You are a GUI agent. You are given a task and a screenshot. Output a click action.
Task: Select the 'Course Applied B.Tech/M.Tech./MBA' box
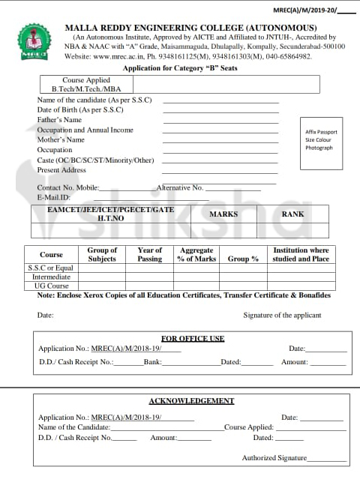[x=86, y=85]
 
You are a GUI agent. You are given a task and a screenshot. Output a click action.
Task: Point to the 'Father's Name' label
[x=59, y=120]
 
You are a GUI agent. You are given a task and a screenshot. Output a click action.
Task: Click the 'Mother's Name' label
[x=61, y=140]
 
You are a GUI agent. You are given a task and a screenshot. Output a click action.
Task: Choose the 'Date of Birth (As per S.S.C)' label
[x=80, y=110]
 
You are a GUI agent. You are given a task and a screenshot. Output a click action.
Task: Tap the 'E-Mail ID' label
[x=53, y=197]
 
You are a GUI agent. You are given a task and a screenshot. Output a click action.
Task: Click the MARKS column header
[x=223, y=214]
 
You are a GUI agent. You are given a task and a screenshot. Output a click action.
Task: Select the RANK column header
[x=292, y=214]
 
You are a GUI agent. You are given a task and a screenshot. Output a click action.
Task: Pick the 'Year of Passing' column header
[x=150, y=255]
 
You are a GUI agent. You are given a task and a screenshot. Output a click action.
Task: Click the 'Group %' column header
[x=243, y=259]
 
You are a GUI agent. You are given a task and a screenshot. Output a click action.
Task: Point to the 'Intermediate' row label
[x=51, y=277]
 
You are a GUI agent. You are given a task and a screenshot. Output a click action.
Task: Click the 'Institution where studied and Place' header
[x=301, y=255]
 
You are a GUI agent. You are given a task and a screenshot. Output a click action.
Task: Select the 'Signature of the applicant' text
[x=282, y=316]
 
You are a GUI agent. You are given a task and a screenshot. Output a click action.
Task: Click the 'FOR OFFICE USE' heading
[x=193, y=339]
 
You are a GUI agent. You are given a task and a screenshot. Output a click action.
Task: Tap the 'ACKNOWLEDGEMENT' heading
[x=191, y=401]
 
